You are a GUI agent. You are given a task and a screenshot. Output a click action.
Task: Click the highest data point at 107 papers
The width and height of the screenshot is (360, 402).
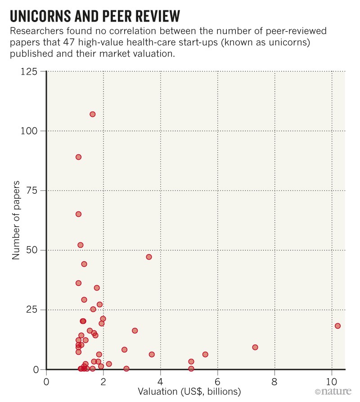pyautogui.click(x=92, y=114)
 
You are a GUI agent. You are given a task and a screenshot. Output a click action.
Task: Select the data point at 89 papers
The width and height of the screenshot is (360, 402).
pyautogui.click(x=78, y=157)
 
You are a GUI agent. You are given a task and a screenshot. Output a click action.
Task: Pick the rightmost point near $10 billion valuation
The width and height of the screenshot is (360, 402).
pyautogui.click(x=337, y=326)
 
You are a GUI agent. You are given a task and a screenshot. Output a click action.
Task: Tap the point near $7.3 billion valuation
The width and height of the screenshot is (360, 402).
pyautogui.click(x=255, y=347)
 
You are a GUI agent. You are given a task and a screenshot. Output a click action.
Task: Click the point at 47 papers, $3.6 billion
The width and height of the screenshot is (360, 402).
pyautogui.click(x=149, y=257)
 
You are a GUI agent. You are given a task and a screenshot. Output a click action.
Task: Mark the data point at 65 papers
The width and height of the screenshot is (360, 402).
pyautogui.click(x=78, y=214)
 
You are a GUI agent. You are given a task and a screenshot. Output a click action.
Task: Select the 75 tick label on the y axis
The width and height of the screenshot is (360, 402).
pyautogui.click(x=32, y=191)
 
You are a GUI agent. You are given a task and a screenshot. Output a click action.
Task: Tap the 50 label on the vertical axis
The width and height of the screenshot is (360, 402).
pyautogui.click(x=32, y=250)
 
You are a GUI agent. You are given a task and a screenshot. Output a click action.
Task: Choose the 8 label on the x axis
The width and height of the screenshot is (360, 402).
pyautogui.click(x=274, y=380)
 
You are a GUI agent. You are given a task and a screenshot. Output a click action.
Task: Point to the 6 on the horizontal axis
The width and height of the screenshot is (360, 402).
pyautogui.click(x=218, y=380)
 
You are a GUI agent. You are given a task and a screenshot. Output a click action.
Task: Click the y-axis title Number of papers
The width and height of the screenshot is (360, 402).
pyautogui.click(x=16, y=220)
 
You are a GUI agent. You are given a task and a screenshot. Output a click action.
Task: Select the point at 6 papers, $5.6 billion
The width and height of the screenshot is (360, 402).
pyautogui.click(x=205, y=354)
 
